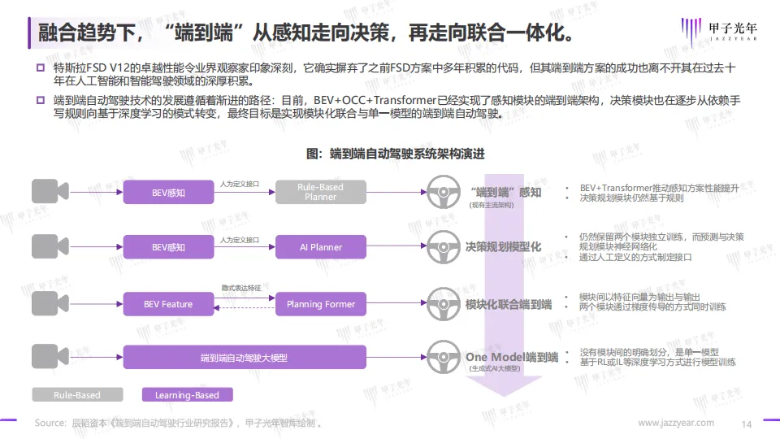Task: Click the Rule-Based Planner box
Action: coord(320,192)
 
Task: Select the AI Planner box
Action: coord(320,247)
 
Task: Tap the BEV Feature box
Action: coord(169,304)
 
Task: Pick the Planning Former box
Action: coord(320,304)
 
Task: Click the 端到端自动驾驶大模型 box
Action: coord(245,358)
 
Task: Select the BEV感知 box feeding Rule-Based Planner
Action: coord(169,193)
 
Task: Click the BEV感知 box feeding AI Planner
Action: coord(169,247)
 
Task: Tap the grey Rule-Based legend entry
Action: coord(77,395)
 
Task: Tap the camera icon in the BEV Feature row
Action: coord(50,304)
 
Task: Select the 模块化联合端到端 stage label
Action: coord(509,304)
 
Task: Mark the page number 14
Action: coord(747,424)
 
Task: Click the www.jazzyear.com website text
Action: coord(676,423)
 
